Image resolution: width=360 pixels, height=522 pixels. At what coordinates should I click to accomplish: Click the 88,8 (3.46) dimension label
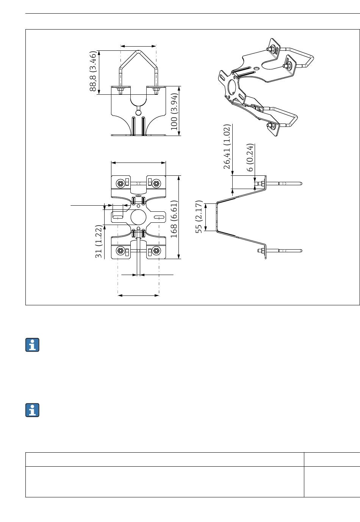tap(93, 71)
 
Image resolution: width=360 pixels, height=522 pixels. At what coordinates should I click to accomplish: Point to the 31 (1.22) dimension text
tap(99, 242)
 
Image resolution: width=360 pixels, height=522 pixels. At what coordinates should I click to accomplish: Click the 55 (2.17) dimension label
tap(199, 217)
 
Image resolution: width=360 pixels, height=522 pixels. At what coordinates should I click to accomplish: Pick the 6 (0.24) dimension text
tap(250, 157)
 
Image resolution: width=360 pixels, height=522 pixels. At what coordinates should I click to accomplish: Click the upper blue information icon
tap(33, 345)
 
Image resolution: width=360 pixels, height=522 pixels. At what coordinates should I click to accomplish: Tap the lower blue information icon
tap(33, 410)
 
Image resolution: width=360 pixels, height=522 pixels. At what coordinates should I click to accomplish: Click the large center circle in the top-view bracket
tap(138, 217)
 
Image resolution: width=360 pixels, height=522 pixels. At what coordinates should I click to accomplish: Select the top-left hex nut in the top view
tap(120, 184)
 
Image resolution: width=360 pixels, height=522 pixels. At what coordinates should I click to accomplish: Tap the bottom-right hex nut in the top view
tap(156, 250)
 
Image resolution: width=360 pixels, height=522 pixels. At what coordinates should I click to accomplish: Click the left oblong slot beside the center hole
tap(117, 217)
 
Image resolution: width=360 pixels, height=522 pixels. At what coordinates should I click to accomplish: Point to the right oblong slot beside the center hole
tap(159, 217)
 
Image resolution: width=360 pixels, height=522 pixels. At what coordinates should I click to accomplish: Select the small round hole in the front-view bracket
tap(138, 112)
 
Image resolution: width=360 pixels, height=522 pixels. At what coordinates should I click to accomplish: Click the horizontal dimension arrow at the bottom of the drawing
tap(138, 295)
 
